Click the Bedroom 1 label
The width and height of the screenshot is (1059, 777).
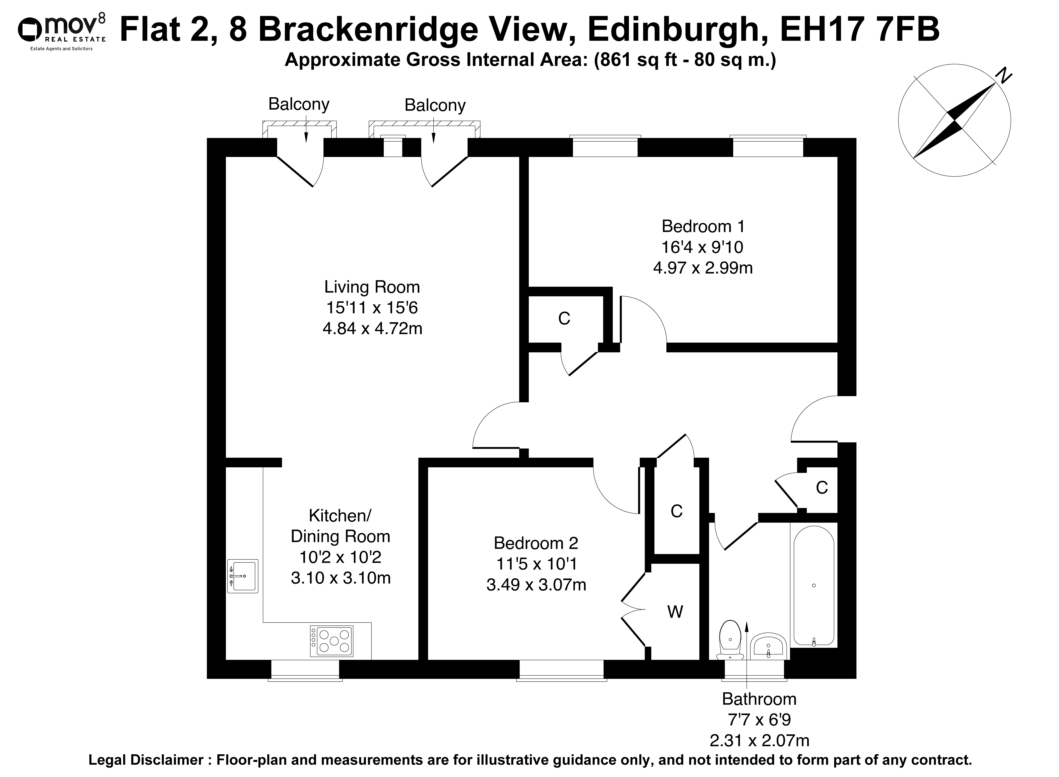703,226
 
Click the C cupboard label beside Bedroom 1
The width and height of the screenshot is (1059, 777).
564,319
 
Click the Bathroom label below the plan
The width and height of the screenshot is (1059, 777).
759,699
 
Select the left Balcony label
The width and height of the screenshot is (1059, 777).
299,104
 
